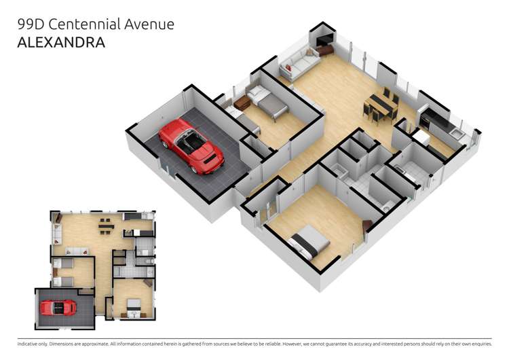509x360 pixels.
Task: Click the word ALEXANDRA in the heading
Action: click(x=61, y=43)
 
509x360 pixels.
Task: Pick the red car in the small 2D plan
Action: click(x=58, y=308)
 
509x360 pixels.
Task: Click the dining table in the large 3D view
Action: click(x=381, y=105)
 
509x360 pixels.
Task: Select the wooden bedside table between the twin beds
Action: click(x=242, y=103)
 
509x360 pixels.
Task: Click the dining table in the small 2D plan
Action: click(x=105, y=226)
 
